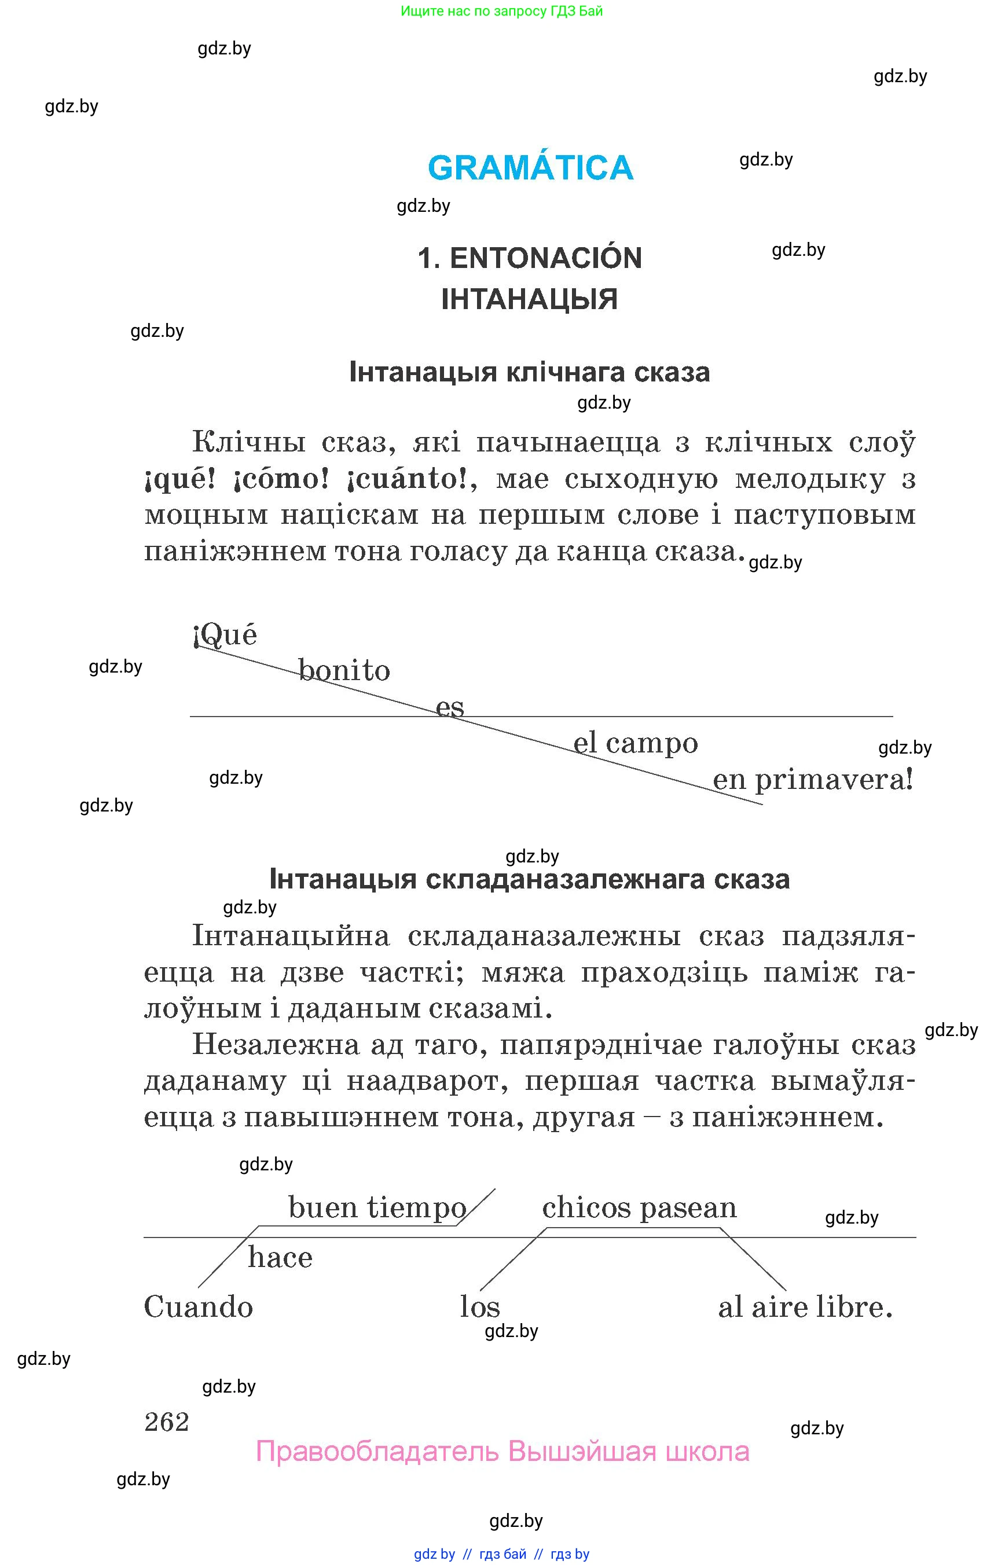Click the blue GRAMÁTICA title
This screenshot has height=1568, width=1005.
(530, 168)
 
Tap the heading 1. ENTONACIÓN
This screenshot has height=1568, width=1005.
(529, 258)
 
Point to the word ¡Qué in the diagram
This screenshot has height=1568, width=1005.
(226, 635)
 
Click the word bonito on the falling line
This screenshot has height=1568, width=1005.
(344, 671)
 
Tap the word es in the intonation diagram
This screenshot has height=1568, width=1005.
(450, 707)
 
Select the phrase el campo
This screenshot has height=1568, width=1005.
(635, 743)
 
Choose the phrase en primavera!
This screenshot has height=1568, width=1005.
(812, 779)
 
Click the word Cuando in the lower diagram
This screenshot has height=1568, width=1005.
(199, 1307)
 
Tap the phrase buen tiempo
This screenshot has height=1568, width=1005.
(377, 1208)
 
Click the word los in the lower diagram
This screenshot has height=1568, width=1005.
(480, 1307)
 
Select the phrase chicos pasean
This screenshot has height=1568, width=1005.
(639, 1208)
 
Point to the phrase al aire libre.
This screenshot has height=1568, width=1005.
(805, 1307)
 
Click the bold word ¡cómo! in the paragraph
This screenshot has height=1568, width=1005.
(281, 480)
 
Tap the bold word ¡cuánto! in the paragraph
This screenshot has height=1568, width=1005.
(408, 480)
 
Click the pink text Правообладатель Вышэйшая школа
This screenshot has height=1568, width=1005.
(502, 1452)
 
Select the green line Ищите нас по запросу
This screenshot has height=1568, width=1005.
(501, 11)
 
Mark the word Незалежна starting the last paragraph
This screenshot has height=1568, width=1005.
(276, 1045)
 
